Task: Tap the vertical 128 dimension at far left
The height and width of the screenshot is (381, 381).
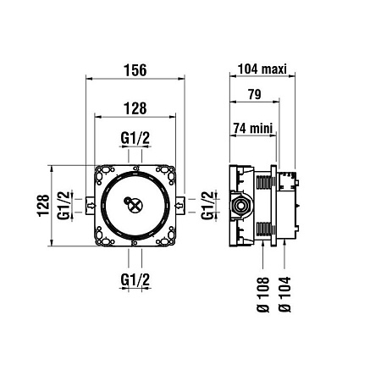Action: (x=43, y=204)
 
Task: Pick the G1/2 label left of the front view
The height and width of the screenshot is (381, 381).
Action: (x=63, y=204)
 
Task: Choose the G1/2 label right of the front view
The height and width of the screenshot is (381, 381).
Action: (x=207, y=204)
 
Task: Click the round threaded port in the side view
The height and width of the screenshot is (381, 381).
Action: (x=240, y=204)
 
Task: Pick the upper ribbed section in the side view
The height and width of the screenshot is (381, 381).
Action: (x=264, y=179)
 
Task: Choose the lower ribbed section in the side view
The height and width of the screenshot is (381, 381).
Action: (x=264, y=229)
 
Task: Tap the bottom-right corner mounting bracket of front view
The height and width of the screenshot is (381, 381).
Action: (x=170, y=239)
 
